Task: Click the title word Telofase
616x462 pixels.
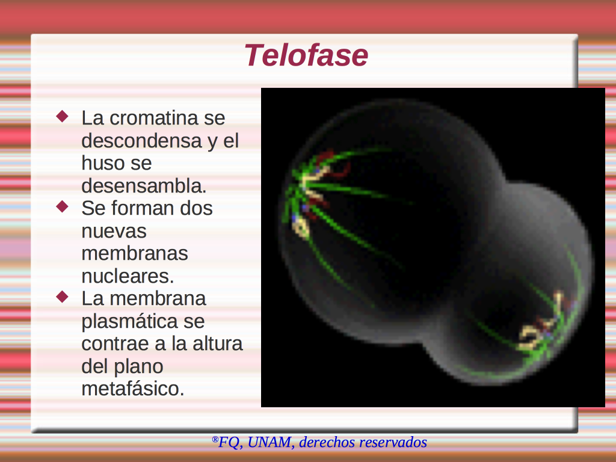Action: click(x=306, y=55)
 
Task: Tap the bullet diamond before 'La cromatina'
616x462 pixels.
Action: click(x=63, y=116)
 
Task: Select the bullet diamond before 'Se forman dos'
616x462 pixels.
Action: click(x=63, y=206)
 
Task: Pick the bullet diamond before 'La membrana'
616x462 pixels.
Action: click(x=63, y=297)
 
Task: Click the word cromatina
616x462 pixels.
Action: click(x=153, y=118)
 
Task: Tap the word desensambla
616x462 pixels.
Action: click(x=143, y=185)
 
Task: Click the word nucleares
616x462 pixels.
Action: click(x=128, y=276)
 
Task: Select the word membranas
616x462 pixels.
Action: click(x=134, y=253)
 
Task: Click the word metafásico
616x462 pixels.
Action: click(x=133, y=389)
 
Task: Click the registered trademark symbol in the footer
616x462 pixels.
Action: click(x=215, y=439)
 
